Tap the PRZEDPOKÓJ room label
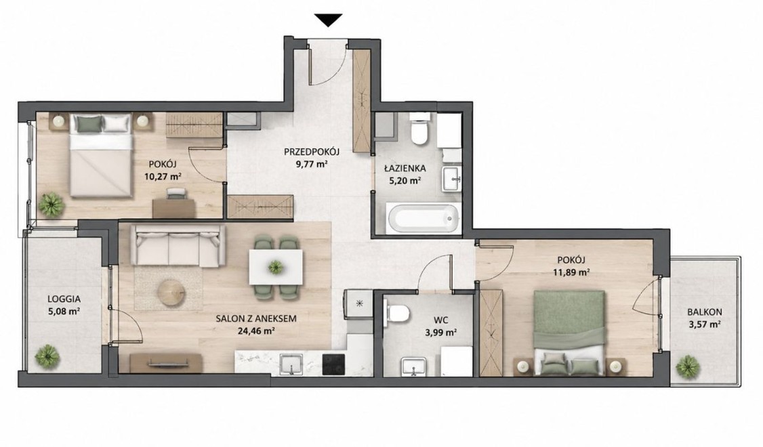[312, 152]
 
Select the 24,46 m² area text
[256, 331]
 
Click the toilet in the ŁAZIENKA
[419, 129]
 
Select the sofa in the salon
[180, 245]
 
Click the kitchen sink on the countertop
[291, 364]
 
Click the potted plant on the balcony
[688, 367]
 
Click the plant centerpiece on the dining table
[275, 267]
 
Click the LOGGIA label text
[64, 299]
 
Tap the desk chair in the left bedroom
[176, 194]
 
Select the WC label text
[440, 320]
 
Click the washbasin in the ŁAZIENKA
[452, 179]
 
